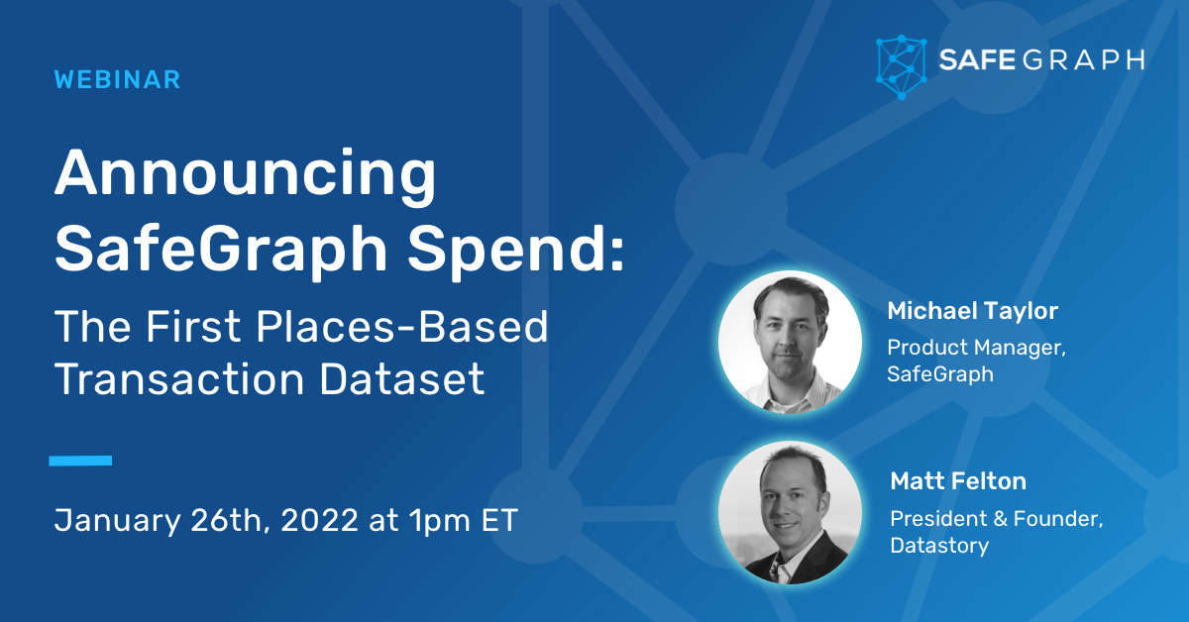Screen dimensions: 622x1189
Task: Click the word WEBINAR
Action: [118, 80]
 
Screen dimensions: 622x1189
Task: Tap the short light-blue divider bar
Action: [80, 461]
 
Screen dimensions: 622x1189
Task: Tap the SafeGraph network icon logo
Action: [901, 66]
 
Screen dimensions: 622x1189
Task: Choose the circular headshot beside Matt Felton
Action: [790, 512]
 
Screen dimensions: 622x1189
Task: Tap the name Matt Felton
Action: [958, 482]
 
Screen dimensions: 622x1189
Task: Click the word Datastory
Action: [939, 546]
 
